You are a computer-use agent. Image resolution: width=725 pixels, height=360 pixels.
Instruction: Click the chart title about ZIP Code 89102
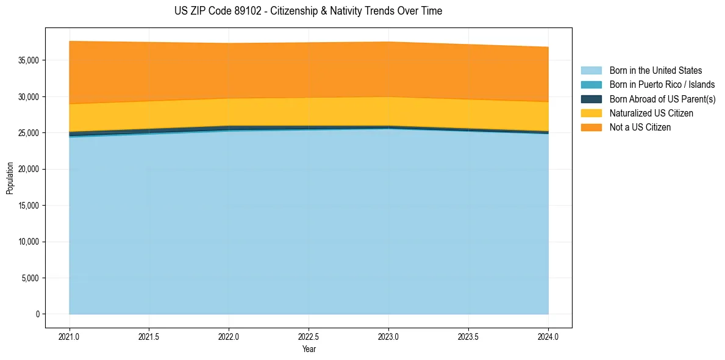(308, 11)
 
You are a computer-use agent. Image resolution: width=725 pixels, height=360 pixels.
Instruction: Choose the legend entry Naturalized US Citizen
(651, 113)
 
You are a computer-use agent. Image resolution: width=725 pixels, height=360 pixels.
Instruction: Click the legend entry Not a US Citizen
(640, 128)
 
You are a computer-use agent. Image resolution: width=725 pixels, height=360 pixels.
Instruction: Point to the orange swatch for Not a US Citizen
(591, 128)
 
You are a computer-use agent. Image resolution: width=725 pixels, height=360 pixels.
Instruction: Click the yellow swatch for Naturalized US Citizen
(591, 113)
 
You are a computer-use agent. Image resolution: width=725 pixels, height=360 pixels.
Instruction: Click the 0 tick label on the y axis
(37, 314)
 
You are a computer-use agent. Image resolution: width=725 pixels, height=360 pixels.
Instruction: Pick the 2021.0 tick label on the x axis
(70, 336)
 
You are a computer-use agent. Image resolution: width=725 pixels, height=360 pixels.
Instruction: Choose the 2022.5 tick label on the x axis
(309, 336)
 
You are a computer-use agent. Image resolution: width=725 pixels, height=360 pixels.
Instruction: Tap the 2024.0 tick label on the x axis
(548, 336)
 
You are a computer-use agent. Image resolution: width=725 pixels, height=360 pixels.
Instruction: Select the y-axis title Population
(10, 178)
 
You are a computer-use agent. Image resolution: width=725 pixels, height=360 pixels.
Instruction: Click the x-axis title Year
(309, 349)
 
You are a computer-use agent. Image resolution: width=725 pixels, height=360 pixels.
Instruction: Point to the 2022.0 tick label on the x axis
(229, 336)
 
